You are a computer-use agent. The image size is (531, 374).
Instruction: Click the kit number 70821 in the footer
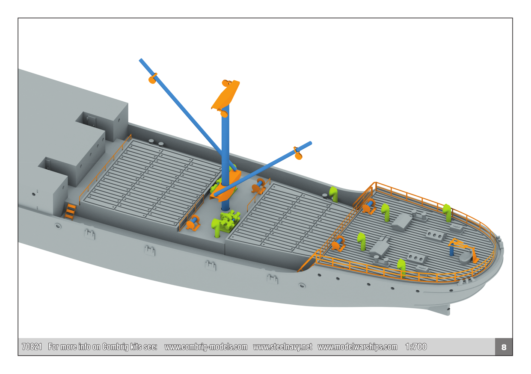click(32, 347)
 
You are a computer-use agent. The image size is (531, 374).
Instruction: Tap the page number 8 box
click(504, 347)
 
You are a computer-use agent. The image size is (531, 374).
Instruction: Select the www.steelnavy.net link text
click(282, 347)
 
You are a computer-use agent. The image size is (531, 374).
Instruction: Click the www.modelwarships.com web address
click(357, 347)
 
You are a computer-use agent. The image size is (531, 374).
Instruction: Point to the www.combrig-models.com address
click(206, 347)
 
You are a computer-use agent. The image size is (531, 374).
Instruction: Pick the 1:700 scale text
click(416, 347)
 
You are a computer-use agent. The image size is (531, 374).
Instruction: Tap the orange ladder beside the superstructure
click(71, 211)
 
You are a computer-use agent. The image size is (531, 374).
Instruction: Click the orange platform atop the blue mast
click(225, 95)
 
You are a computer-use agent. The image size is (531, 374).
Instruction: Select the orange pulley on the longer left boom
click(152, 79)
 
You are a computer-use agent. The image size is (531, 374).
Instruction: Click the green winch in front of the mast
click(229, 220)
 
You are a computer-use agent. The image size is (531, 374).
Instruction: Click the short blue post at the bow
click(451, 250)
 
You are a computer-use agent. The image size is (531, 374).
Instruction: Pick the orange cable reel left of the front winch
click(193, 223)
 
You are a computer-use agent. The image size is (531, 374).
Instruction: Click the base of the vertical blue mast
click(225, 209)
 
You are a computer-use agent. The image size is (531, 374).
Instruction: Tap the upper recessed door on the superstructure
click(91, 121)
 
